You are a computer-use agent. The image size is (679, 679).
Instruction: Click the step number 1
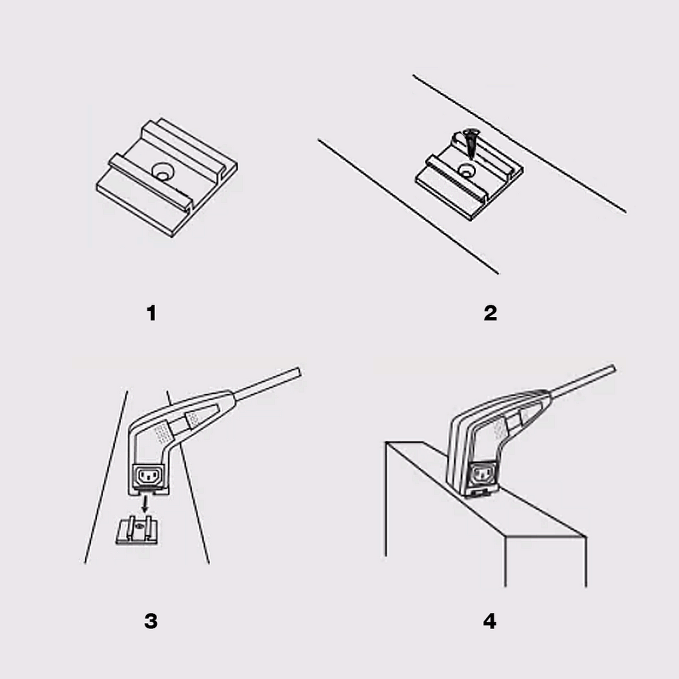pos(152,314)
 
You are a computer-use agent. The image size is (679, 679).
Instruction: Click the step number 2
pos(490,314)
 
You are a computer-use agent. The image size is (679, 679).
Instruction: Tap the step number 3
pos(151,621)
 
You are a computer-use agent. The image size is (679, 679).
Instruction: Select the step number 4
pos(490,621)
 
